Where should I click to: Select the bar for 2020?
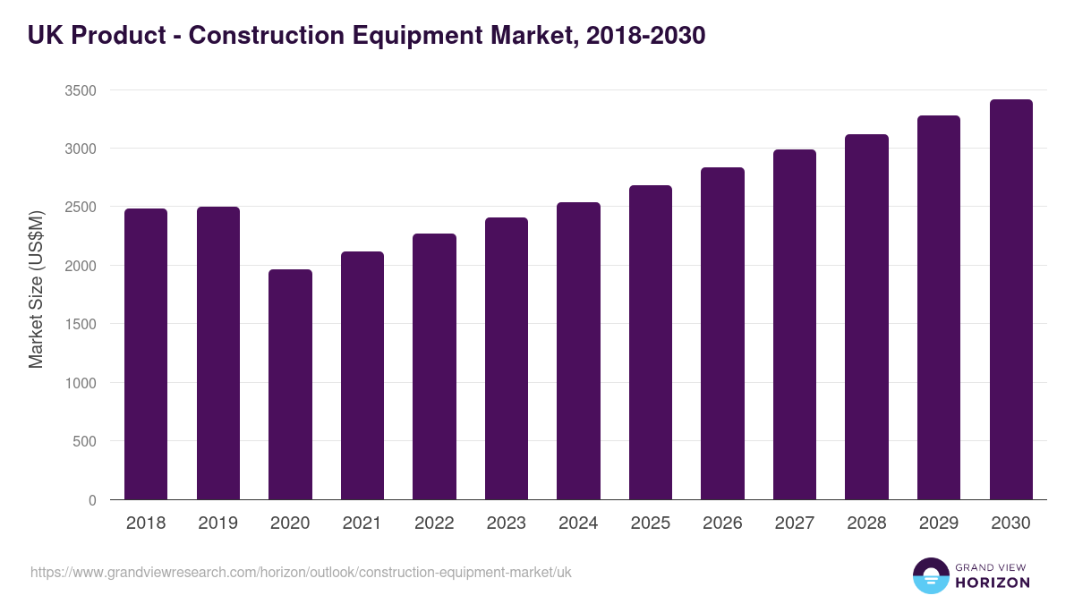click(x=290, y=385)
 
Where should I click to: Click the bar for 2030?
click(x=1010, y=300)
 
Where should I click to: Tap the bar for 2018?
click(x=146, y=354)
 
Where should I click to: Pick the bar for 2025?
click(x=651, y=343)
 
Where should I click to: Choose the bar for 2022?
click(x=434, y=367)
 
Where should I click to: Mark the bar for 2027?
click(x=795, y=325)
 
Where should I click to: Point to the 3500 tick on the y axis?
click(x=81, y=90)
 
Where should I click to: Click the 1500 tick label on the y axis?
click(x=81, y=325)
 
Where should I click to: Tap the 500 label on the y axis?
click(x=84, y=441)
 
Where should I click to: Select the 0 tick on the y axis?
click(x=92, y=500)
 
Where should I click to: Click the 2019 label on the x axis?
click(x=218, y=523)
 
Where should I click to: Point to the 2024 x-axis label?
click(x=578, y=523)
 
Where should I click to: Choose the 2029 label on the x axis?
click(x=939, y=523)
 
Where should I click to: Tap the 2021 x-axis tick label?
click(x=362, y=523)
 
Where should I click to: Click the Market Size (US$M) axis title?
click(x=36, y=289)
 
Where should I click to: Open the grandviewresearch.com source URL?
click(x=301, y=573)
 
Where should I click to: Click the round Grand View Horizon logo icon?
click(x=931, y=575)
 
